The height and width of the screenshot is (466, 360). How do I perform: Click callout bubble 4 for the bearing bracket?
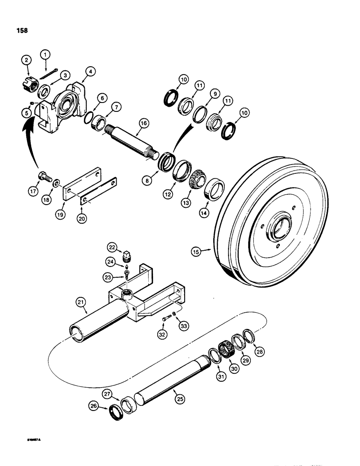(x=90, y=72)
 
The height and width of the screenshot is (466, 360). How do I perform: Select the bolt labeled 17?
(x=43, y=177)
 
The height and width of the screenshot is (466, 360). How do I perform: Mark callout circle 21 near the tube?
(x=81, y=303)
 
